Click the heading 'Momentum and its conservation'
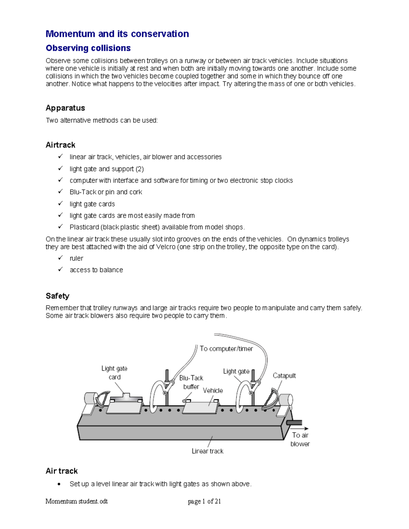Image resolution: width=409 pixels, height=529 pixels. coord(117,34)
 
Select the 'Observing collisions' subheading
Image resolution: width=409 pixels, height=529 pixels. coord(88,48)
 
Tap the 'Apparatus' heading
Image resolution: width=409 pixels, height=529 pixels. coord(65,108)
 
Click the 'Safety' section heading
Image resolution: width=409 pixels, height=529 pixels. coord(57,296)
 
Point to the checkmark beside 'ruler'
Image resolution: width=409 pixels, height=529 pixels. coord(60,258)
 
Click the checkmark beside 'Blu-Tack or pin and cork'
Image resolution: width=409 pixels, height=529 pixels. coord(60,191)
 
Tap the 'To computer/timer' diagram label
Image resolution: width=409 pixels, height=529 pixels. coord(226,348)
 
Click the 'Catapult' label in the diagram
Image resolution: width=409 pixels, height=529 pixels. coord(284,375)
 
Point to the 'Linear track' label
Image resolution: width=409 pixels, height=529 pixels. coord(207,451)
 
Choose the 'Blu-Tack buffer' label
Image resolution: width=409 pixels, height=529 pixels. coord(191,382)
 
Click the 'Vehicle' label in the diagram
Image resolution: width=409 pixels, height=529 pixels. coord(213,390)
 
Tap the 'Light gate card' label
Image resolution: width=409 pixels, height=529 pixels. coord(114,373)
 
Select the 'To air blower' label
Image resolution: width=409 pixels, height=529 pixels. coord(300,439)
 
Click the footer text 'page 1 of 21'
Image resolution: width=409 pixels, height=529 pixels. coord(204,501)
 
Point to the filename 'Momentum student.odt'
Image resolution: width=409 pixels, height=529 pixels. coord(76,501)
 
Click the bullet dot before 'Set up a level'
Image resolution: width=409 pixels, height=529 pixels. coord(60,484)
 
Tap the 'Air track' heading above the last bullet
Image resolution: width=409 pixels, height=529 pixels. coord(62,471)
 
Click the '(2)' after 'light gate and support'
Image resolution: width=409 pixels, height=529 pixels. coord(139,169)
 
